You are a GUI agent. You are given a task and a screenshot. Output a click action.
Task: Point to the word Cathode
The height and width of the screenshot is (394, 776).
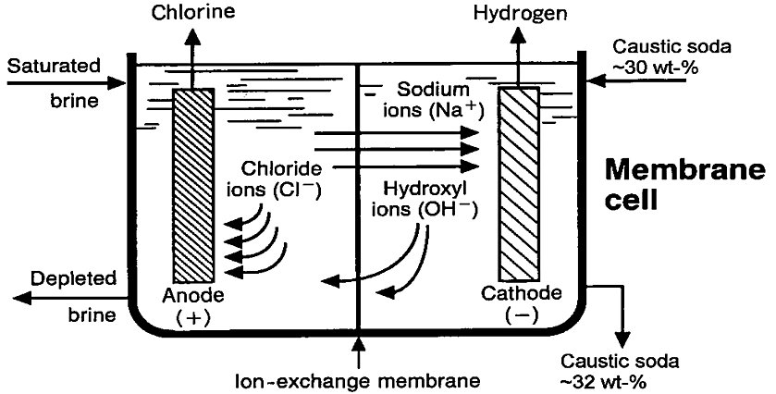click(522, 294)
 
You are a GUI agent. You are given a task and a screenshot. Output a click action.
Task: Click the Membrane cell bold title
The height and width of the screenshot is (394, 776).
click(684, 185)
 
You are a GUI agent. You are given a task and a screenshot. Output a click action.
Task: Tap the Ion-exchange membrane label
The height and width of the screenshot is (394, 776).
click(356, 379)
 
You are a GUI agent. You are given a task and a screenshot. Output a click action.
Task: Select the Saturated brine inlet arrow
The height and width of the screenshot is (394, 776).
click(65, 82)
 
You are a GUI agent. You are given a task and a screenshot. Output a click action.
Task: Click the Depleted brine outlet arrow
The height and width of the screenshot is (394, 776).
click(65, 297)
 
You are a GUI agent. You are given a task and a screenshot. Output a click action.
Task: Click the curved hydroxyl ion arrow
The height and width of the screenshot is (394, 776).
click(398, 264)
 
